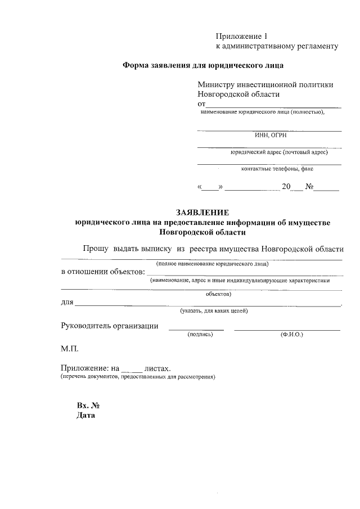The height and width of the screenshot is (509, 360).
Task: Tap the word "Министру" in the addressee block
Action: click(x=219, y=85)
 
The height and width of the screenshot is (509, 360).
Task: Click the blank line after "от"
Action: click(x=273, y=105)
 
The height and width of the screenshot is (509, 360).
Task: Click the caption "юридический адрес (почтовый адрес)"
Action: click(x=279, y=152)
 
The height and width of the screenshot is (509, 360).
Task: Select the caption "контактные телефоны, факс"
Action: click(x=277, y=169)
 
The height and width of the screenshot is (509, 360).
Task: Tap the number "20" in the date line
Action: click(x=286, y=187)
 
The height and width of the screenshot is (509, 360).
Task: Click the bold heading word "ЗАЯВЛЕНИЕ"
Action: click(x=202, y=213)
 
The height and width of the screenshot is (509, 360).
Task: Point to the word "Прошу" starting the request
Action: click(x=96, y=249)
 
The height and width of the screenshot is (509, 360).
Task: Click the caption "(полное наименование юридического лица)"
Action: click(x=212, y=263)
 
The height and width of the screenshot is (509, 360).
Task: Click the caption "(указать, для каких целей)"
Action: click(x=214, y=311)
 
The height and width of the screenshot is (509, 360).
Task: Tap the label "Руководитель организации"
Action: click(x=109, y=326)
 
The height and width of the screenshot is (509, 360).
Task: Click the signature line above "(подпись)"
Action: click(x=196, y=330)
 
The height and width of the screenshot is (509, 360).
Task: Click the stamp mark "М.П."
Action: click(x=70, y=349)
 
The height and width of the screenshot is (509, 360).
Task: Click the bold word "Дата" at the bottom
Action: click(x=86, y=416)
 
